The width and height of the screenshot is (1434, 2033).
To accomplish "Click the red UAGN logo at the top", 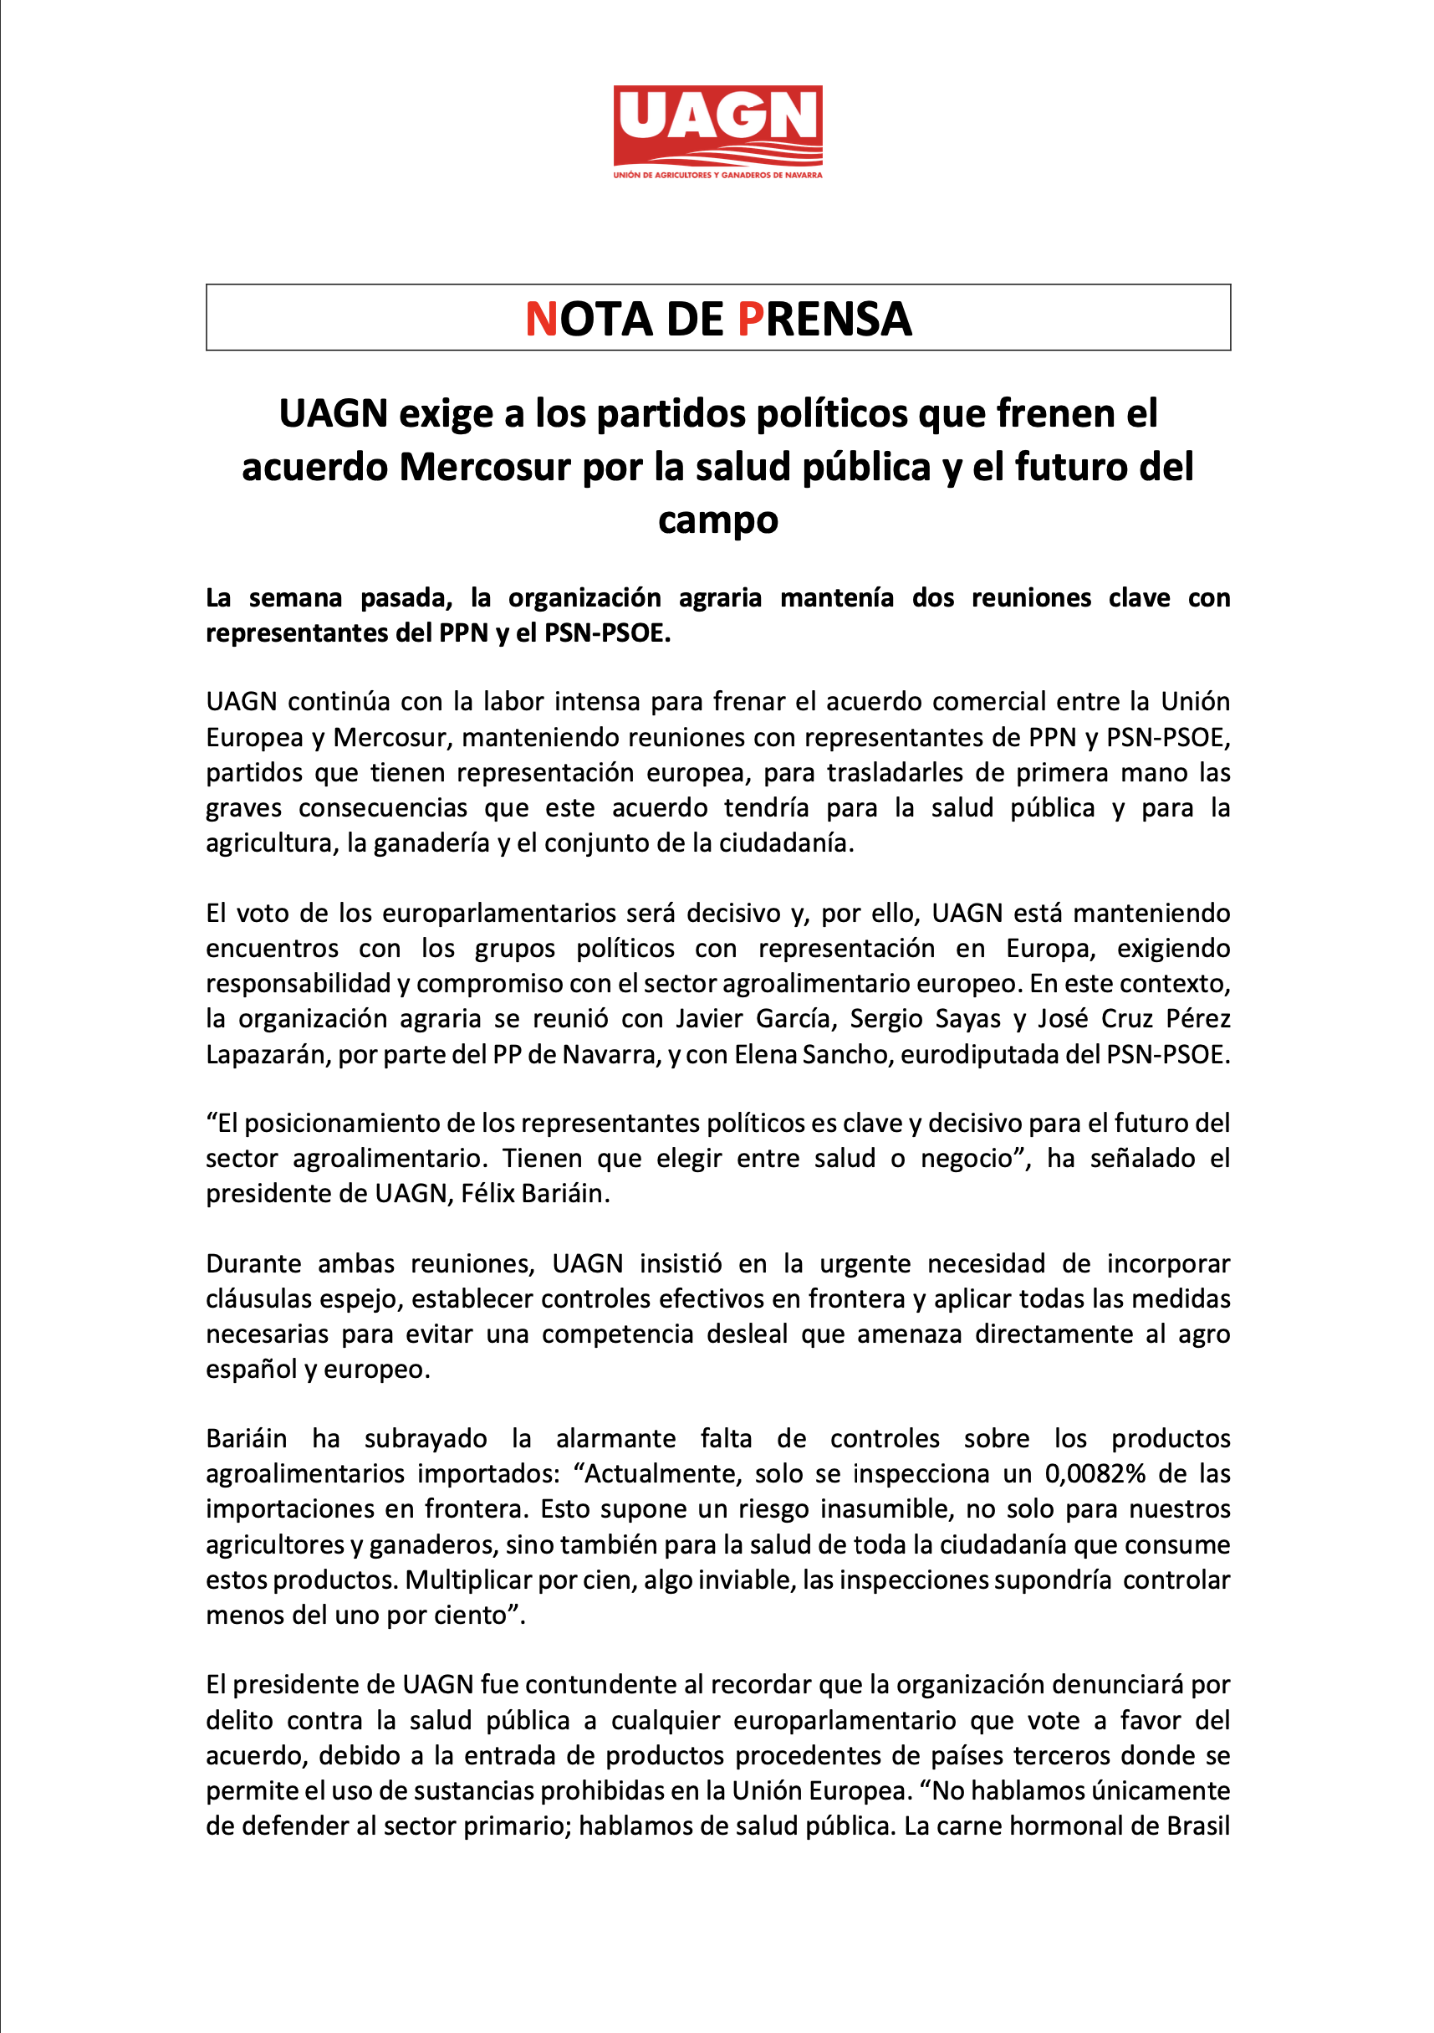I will click(717, 124).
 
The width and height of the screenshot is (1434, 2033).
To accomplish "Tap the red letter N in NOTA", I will click(541, 319).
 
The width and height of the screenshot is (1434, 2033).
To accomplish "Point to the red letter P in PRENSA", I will click(750, 319).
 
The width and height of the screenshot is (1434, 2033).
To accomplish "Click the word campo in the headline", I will click(717, 520).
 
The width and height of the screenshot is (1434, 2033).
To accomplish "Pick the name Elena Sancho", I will click(813, 1055).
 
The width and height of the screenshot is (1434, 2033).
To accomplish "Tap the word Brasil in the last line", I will click(1197, 1826).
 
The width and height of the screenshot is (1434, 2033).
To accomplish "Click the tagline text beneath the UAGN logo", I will click(717, 176).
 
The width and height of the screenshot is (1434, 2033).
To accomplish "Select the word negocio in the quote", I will click(970, 1158).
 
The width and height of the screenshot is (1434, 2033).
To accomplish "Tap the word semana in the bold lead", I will click(295, 598).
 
